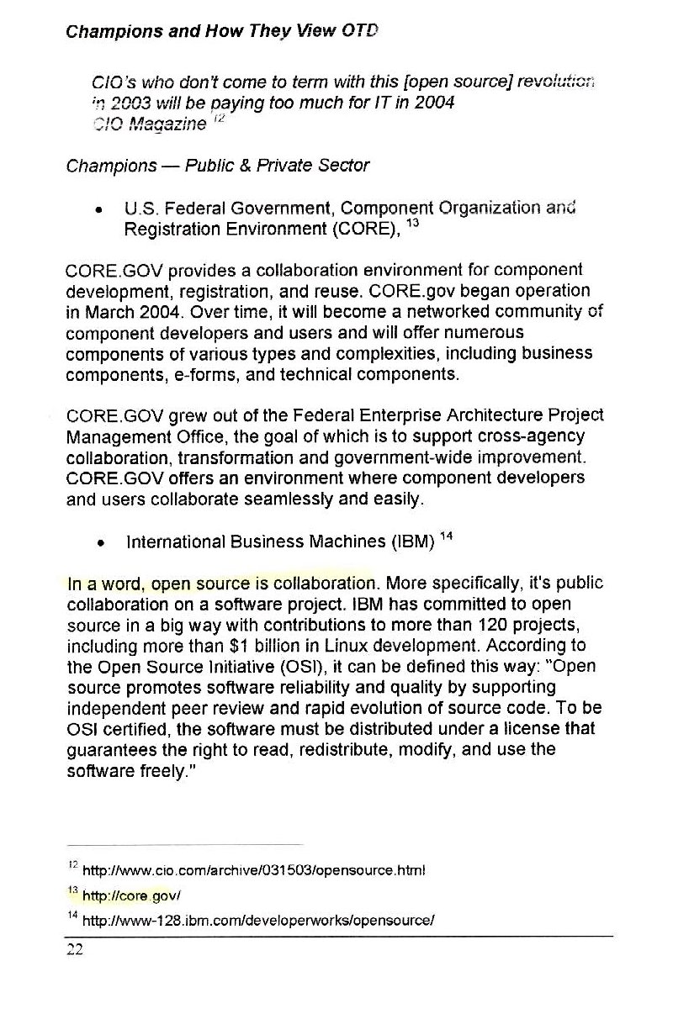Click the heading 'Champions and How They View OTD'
[221, 33]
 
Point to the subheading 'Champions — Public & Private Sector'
[217, 166]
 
